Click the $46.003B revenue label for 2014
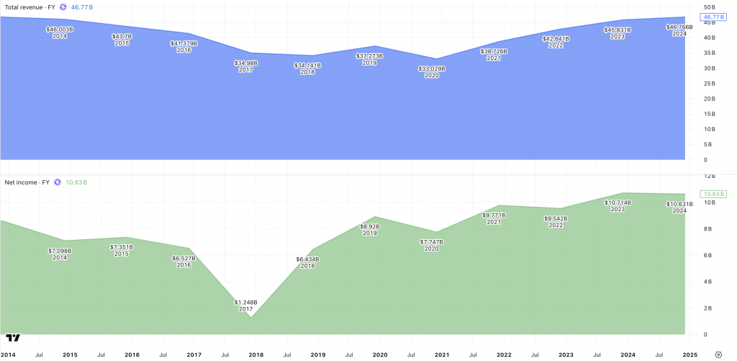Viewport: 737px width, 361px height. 60,30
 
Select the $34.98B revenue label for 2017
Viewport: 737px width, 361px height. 245,63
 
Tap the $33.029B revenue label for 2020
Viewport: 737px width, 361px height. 432,68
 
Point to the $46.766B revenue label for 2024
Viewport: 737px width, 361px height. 679,27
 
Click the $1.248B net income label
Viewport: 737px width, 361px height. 245,302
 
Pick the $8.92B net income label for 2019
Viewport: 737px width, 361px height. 370,226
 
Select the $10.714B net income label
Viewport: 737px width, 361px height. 618,202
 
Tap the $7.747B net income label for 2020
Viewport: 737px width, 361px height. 432,241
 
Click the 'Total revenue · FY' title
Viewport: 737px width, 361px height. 29,6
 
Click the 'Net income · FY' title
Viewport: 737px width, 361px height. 27,182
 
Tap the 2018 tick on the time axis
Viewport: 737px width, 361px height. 256,355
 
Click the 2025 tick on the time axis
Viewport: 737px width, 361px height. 689,355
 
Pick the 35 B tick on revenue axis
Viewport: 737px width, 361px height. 710,53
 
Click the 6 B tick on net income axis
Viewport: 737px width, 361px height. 708,255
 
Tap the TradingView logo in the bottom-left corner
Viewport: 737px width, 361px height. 12,337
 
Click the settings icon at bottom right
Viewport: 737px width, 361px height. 719,355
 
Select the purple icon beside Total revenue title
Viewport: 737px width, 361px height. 63,6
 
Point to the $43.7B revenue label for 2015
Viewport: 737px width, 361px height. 122,36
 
